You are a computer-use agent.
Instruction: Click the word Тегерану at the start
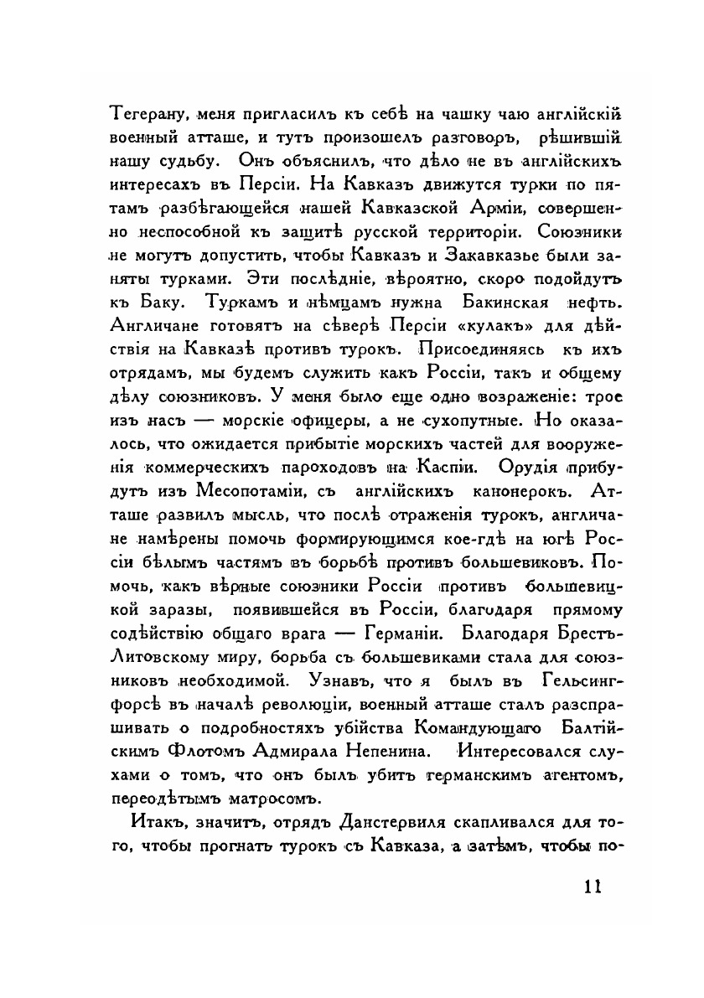(146, 114)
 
